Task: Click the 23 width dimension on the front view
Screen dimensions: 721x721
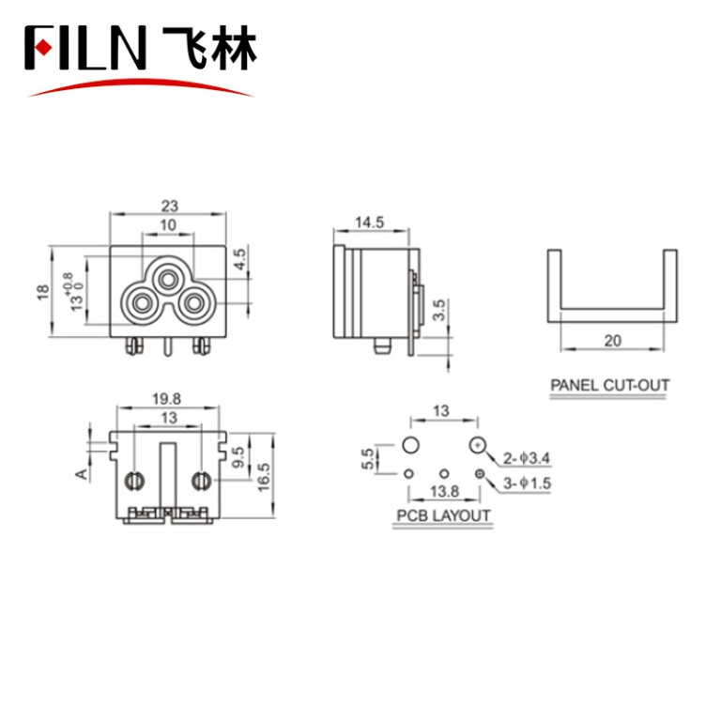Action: tap(169, 205)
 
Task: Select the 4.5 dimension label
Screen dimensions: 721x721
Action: tap(239, 258)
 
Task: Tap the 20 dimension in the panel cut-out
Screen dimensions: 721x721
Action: tap(613, 341)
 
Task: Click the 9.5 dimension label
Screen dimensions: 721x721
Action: tap(240, 457)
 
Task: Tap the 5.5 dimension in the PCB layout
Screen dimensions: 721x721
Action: tap(369, 459)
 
